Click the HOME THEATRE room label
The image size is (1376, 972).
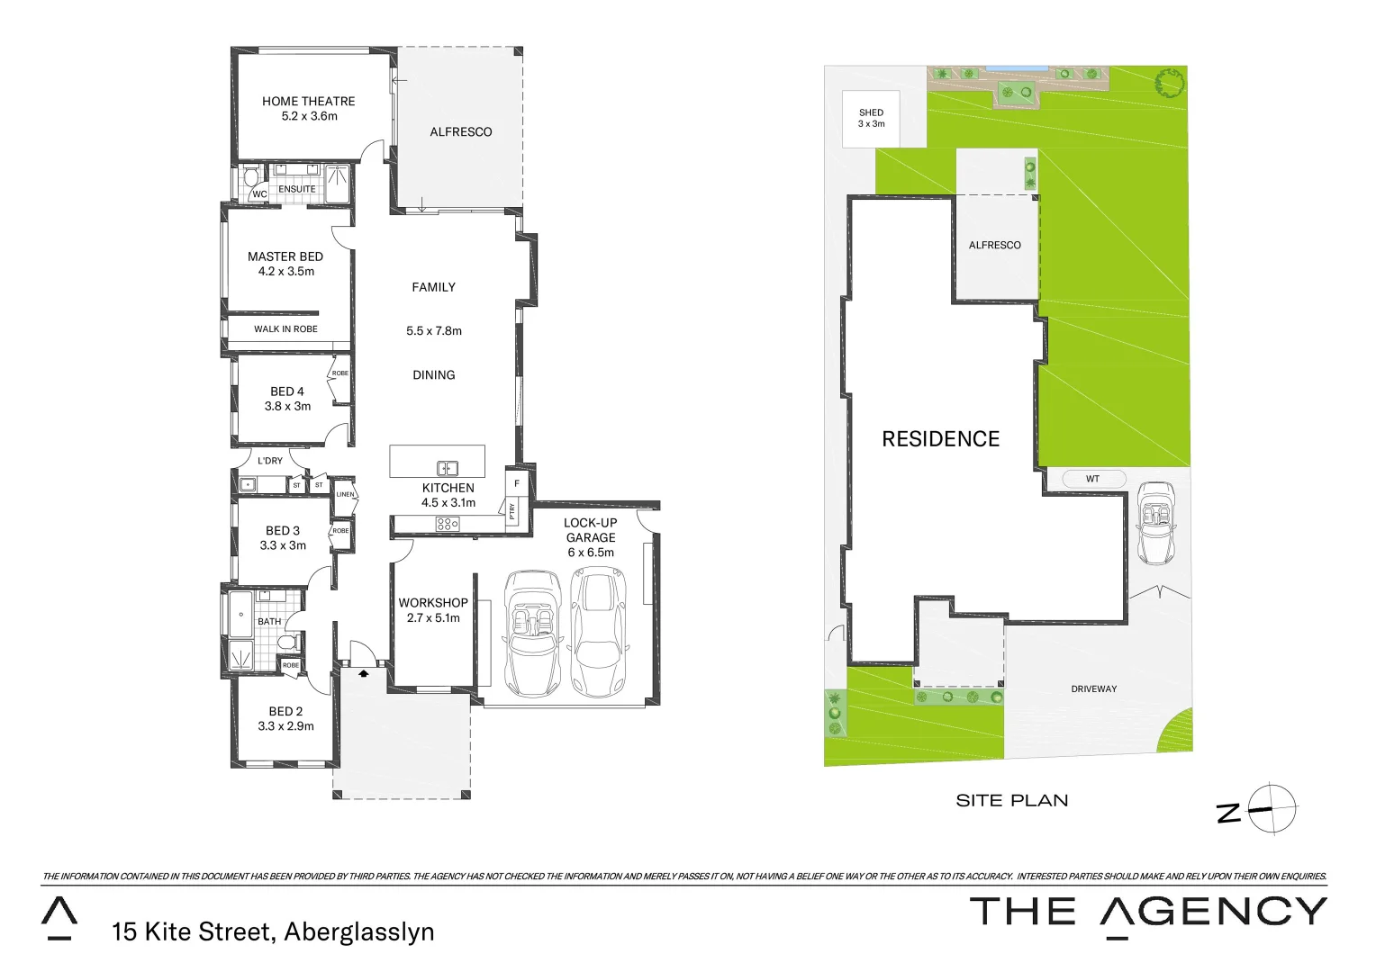308,102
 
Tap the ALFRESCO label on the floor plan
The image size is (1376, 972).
460,132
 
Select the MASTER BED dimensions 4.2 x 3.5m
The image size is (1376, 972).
285,271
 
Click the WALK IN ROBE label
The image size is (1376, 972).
285,329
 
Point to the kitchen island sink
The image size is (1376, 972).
448,468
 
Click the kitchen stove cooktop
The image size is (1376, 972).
448,524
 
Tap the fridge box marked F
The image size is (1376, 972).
517,483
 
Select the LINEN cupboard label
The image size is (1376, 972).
345,494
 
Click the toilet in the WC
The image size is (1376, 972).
251,178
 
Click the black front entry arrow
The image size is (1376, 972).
364,671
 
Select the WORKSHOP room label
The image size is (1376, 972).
433,603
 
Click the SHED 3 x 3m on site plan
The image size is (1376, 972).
871,118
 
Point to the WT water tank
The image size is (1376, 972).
1093,479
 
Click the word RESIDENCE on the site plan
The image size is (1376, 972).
940,439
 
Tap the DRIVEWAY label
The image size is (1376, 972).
1093,689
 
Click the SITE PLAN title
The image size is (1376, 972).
1011,801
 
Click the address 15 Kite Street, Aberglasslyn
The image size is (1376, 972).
273,931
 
